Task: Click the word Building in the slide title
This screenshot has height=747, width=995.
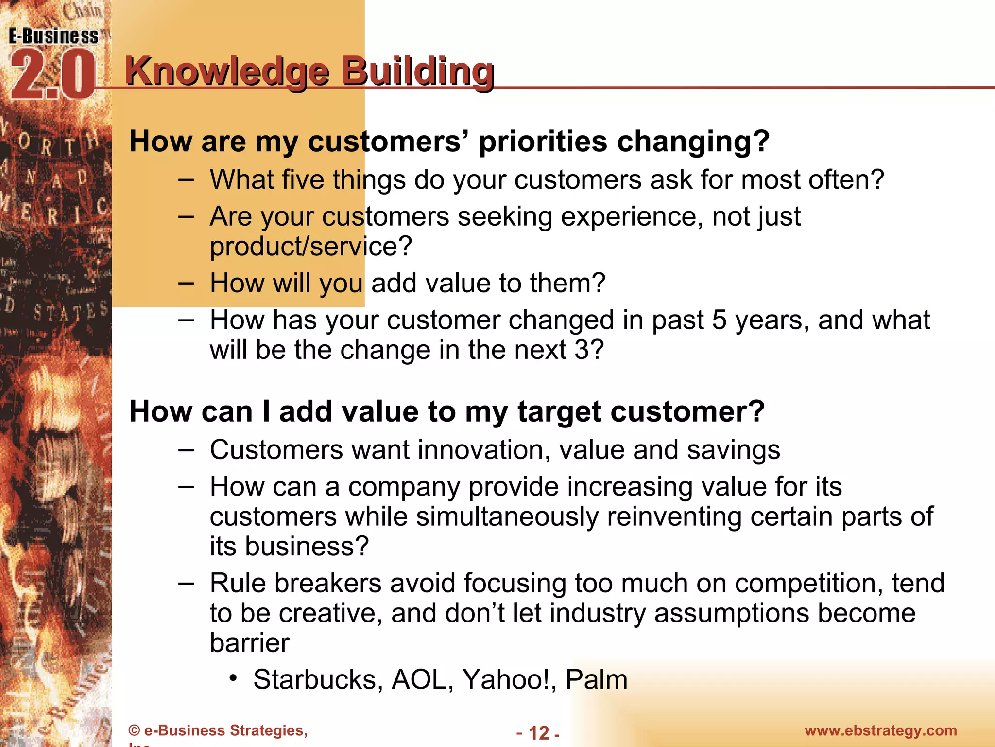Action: click(417, 72)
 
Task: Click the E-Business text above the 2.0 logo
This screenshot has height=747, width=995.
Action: click(53, 36)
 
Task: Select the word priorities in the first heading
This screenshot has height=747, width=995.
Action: click(543, 142)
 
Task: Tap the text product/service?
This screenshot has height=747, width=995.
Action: click(311, 246)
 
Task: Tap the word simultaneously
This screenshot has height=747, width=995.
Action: click(507, 516)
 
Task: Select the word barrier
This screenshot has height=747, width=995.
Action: click(250, 643)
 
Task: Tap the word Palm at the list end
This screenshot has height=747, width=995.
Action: click(597, 680)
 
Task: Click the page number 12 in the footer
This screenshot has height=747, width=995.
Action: click(538, 733)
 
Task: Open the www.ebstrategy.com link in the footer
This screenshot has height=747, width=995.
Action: click(880, 730)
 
